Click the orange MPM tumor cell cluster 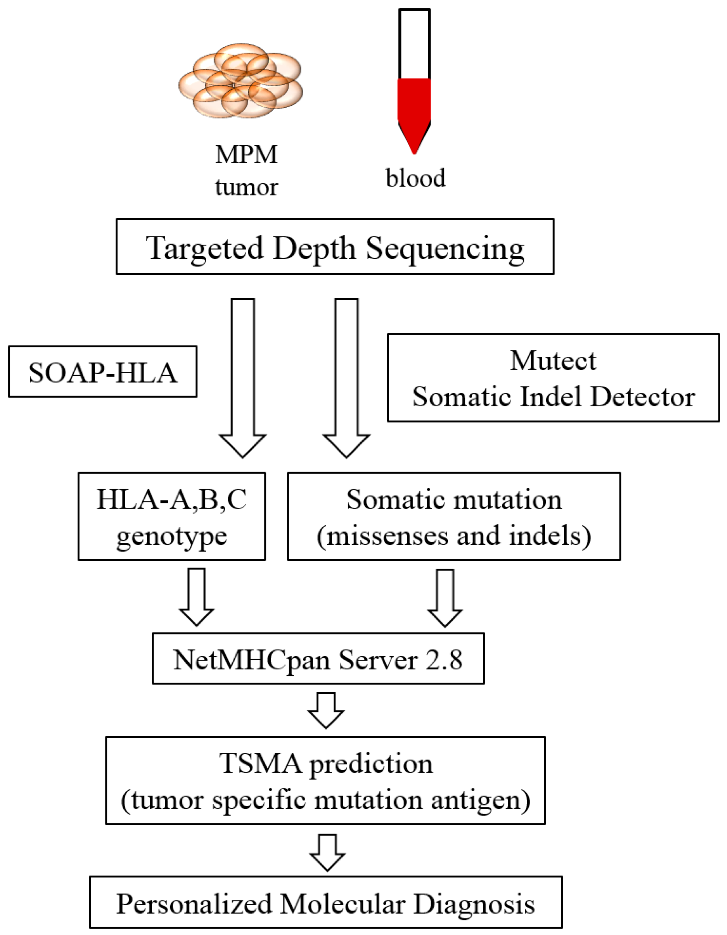pos(241,81)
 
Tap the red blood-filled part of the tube pos(414,107)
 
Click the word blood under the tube pos(415,178)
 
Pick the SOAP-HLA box pos(102,372)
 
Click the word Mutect pos(553,360)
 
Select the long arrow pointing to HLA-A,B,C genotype pos(243,377)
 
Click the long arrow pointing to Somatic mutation pos(346,377)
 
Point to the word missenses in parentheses pos(388,535)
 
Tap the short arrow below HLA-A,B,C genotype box pos(197,596)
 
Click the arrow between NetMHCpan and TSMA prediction pos(326,711)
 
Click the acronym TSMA pos(260,764)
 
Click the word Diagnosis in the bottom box pos(474,904)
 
